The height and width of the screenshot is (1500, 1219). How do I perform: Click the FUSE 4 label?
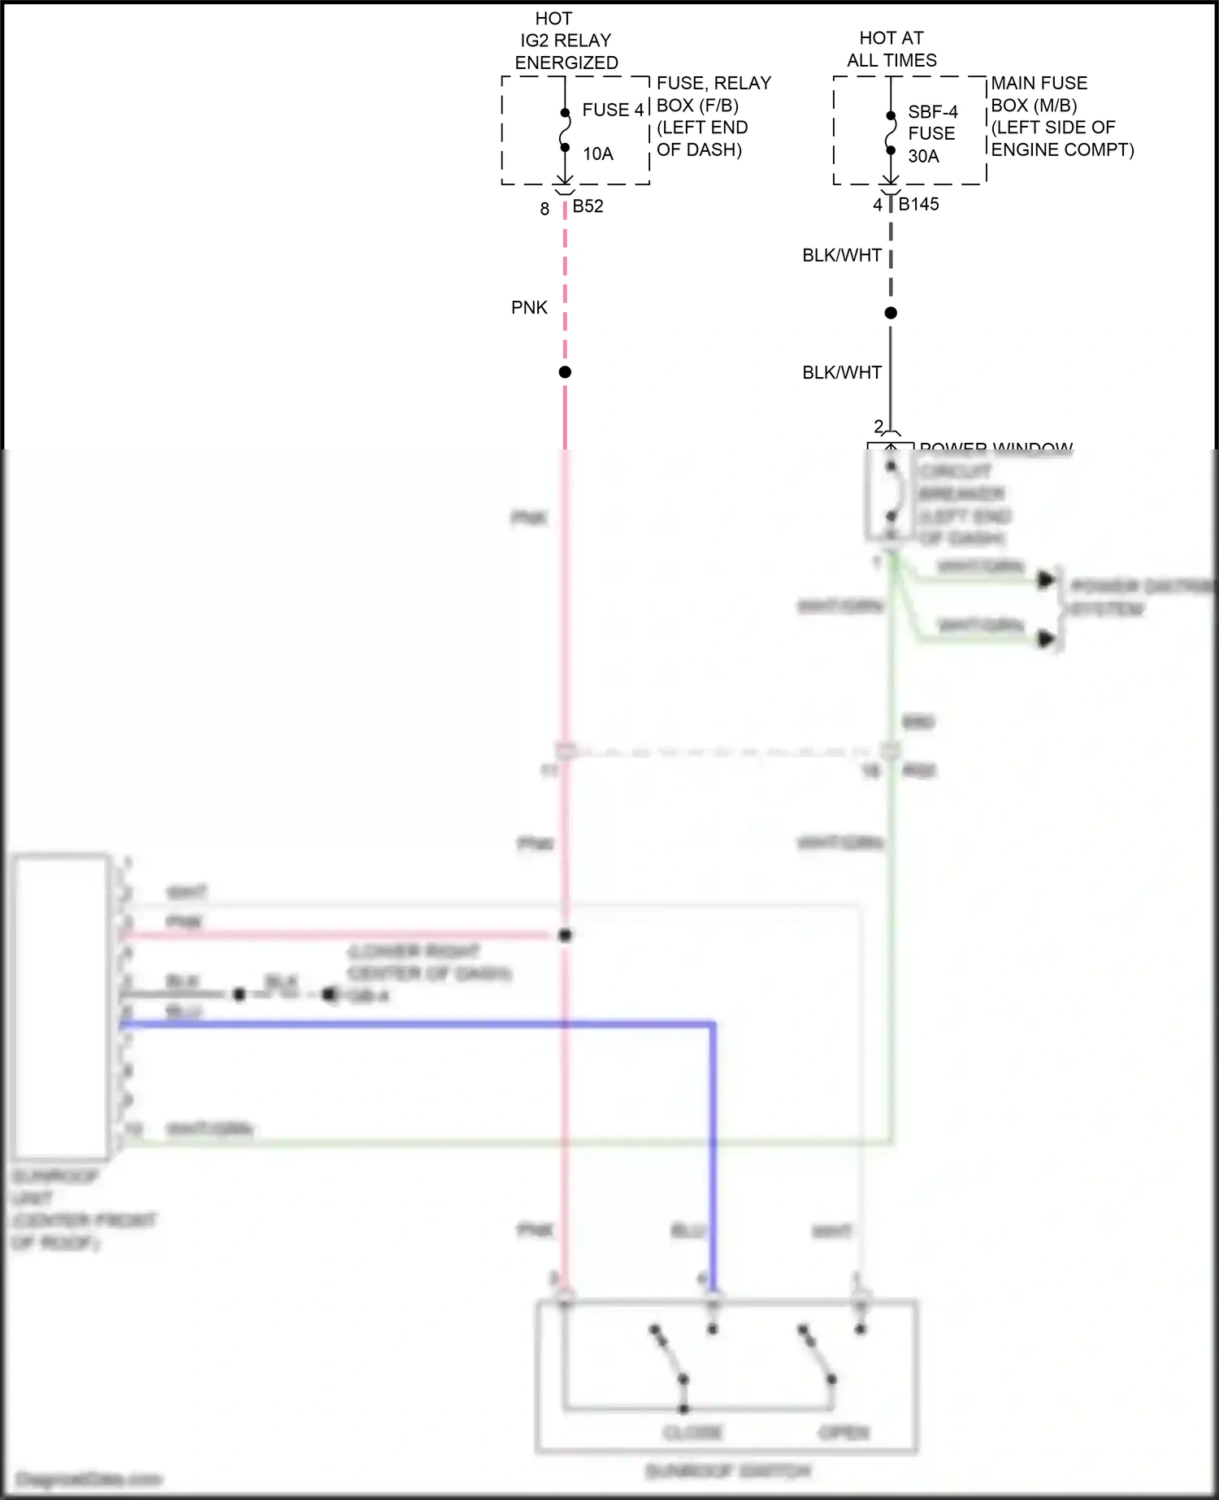[613, 110]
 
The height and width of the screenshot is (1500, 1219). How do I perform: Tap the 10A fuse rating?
[597, 154]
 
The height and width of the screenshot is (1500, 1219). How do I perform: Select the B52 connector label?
[588, 206]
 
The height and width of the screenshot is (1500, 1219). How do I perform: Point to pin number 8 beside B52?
[544, 209]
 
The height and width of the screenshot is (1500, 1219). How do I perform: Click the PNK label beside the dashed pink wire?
[529, 308]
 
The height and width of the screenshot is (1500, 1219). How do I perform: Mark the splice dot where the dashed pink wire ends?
[565, 372]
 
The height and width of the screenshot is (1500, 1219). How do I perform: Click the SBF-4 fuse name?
[932, 111]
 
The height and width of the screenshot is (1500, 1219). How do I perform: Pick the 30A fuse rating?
[923, 156]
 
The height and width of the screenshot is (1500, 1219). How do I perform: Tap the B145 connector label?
[918, 205]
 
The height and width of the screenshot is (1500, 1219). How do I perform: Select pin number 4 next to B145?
[878, 206]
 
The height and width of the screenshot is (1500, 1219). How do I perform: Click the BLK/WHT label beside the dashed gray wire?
[842, 255]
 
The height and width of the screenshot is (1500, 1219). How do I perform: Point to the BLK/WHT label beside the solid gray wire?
[842, 372]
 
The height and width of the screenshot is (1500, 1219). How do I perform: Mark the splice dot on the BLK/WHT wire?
[891, 313]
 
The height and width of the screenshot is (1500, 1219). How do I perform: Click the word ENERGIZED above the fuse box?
[566, 63]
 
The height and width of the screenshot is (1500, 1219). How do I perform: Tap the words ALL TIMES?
[891, 60]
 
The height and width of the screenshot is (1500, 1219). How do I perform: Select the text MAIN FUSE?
[1039, 83]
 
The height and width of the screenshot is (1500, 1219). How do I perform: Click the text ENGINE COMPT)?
[1062, 150]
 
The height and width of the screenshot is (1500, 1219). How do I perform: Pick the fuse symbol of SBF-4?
[891, 132]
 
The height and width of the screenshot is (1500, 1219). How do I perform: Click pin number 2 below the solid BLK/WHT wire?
[878, 426]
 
